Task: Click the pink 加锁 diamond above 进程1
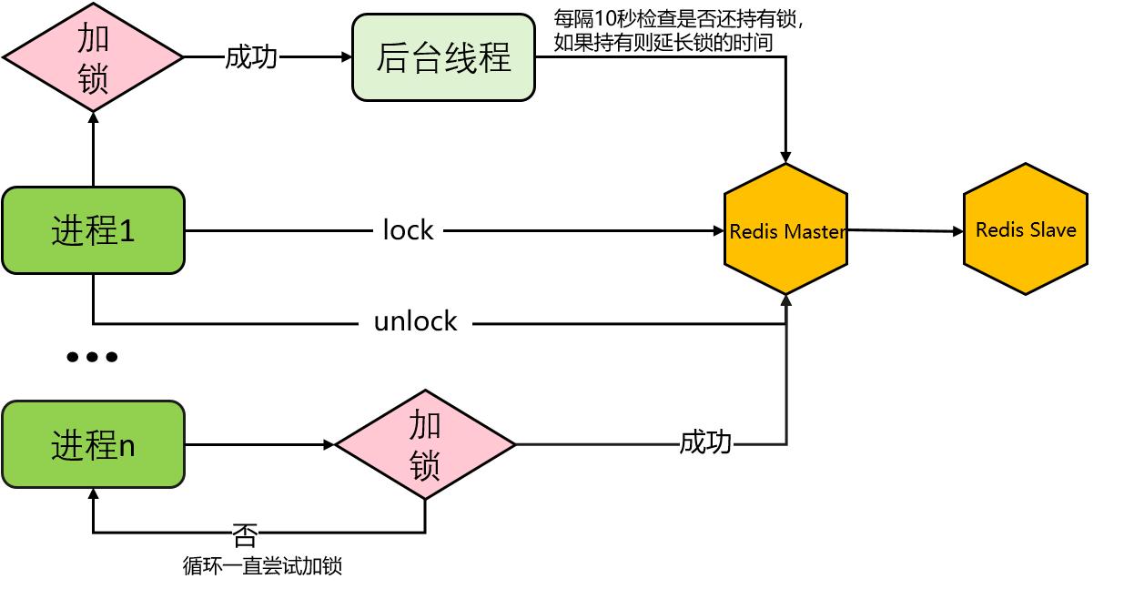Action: coord(93,57)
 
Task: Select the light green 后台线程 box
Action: coord(443,57)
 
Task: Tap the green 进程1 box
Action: coord(93,230)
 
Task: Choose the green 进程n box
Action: coord(93,445)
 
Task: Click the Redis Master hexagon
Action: coord(786,230)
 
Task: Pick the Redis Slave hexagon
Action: coord(1026,229)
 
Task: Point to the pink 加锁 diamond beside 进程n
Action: coord(425,445)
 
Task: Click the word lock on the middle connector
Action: coord(408,230)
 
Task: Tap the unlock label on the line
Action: coord(415,322)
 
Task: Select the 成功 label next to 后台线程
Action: coord(251,57)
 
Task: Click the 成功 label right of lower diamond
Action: coord(705,443)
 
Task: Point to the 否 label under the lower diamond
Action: coord(245,533)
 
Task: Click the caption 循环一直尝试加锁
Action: coord(262,566)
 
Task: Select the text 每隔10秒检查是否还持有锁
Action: coord(677,19)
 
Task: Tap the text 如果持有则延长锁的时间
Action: coord(663,41)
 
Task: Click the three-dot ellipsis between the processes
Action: coord(92,357)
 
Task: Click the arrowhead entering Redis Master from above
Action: coord(786,157)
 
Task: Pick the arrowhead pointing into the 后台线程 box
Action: coord(346,57)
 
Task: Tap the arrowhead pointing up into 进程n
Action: coord(93,494)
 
